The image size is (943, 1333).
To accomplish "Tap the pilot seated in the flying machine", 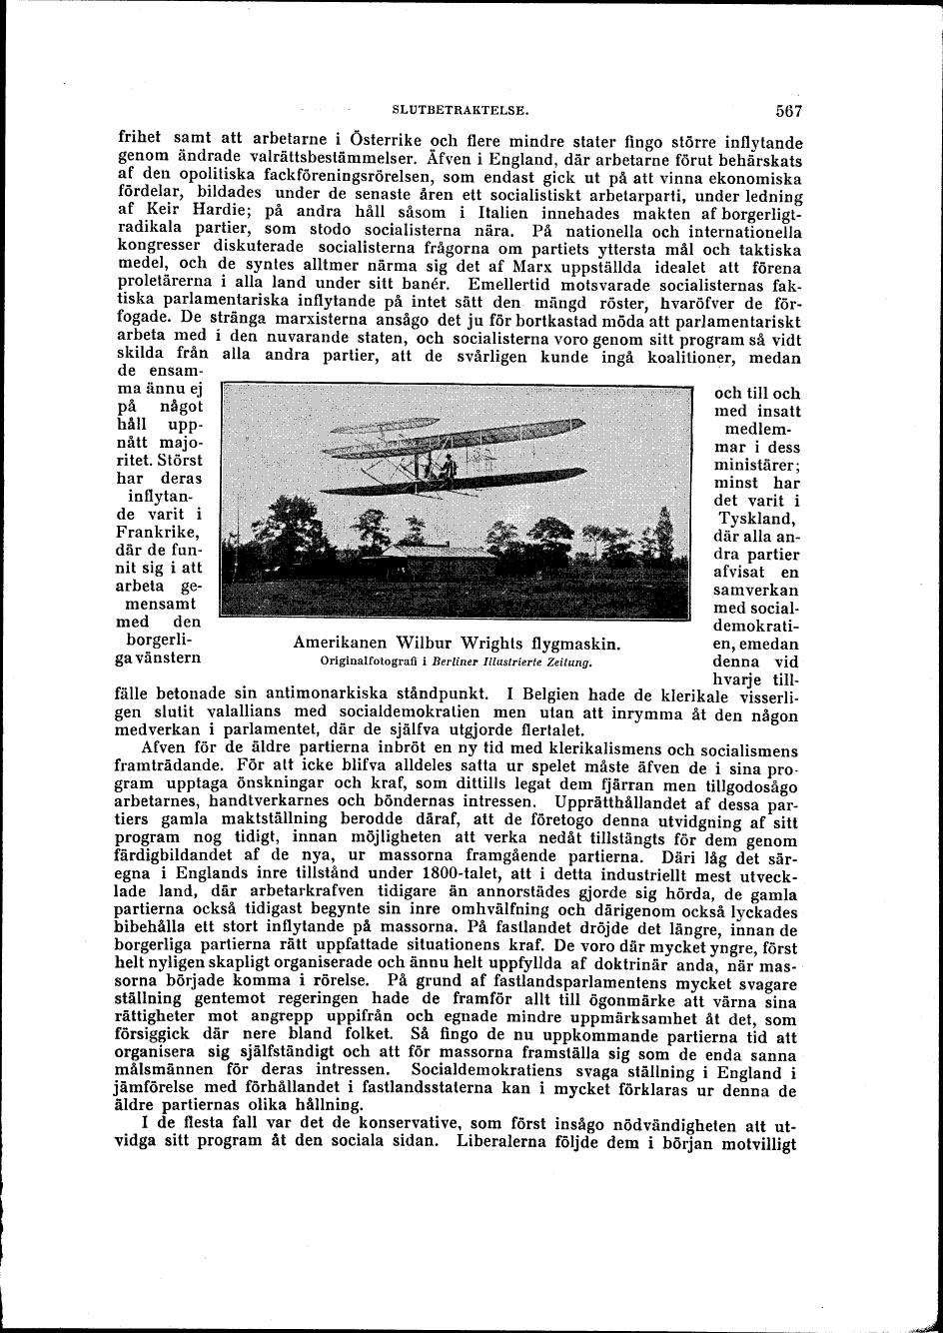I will coord(449,466).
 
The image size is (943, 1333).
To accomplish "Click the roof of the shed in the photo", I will coord(440,551).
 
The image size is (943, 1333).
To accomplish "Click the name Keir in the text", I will coord(156,211).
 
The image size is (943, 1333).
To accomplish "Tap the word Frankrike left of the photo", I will coord(160,532).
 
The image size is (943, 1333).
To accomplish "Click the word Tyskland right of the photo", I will coord(756,519).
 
